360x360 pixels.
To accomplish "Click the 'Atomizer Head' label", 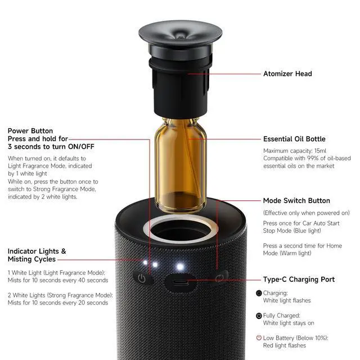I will pos(287,74).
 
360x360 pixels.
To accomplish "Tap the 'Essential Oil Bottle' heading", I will pos(294,139).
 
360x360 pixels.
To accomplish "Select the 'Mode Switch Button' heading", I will pos(296,201).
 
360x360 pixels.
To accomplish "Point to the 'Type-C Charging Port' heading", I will pos(299,280).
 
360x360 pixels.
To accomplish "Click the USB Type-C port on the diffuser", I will pos(180,280).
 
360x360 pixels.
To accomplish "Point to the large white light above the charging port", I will pos(180,266).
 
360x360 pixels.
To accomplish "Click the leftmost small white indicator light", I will pos(145,262).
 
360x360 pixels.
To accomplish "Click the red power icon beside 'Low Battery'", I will pos(259,337).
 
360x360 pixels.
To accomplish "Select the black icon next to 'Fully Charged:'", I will pos(259,316).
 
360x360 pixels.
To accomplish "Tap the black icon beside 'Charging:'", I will pos(259,293).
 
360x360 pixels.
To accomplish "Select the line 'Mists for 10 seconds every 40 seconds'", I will pos(58,280).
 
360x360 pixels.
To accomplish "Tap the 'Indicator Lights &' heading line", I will pos(37,251).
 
